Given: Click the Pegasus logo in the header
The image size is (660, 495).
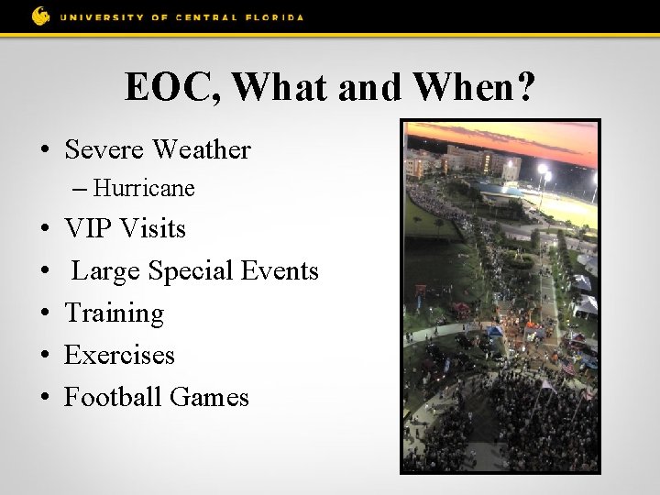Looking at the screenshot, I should (40, 16).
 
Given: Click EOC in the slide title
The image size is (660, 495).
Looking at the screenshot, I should (173, 87).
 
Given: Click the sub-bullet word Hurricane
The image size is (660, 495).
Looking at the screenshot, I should (144, 189).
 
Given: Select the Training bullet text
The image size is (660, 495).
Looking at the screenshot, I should (114, 313).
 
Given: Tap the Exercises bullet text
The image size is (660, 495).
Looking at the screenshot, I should (119, 355).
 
